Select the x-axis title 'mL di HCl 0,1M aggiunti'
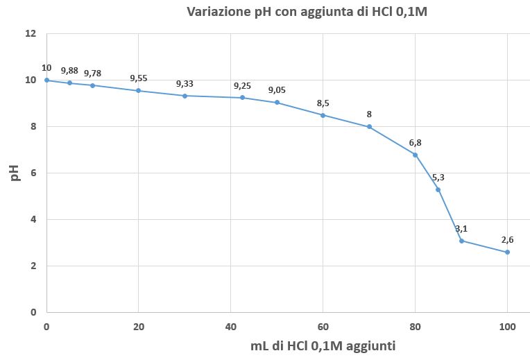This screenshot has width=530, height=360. (x=323, y=345)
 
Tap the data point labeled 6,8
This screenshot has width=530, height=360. (x=415, y=155)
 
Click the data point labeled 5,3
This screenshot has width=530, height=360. (x=438, y=189)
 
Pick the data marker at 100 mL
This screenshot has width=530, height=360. (x=507, y=252)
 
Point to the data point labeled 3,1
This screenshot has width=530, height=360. (x=461, y=241)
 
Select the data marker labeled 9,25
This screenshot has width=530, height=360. (x=242, y=98)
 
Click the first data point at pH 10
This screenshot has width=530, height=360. (x=46, y=80)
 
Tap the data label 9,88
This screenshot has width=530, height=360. (x=69, y=71)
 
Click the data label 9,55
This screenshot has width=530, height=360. (x=139, y=78)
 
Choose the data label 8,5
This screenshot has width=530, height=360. (x=323, y=103)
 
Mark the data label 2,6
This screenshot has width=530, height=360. (x=507, y=240)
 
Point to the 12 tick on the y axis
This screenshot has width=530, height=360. (x=30, y=33)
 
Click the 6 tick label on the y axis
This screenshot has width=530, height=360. (x=33, y=173)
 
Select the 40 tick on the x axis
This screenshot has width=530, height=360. (x=230, y=325)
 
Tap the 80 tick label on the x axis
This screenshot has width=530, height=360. (x=415, y=325)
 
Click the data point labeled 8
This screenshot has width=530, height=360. (x=369, y=127)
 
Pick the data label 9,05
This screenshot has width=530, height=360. (x=277, y=90)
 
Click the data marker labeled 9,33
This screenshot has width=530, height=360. (x=185, y=96)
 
